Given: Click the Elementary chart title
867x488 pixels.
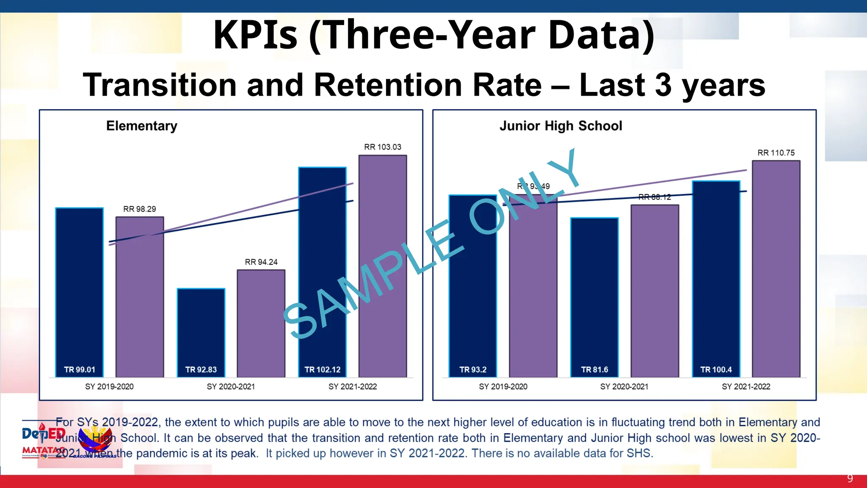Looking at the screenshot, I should (x=142, y=126).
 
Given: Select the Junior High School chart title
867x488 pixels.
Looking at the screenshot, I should (x=561, y=126).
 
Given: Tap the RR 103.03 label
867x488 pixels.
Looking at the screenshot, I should (x=382, y=147).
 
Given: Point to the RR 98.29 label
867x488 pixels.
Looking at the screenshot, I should (x=139, y=209).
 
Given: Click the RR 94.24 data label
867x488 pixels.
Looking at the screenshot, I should (x=261, y=262).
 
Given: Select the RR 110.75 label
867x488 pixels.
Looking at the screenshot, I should (x=776, y=152).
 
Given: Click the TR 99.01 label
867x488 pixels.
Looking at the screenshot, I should (x=80, y=369).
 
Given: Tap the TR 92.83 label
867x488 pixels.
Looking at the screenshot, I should (x=201, y=369).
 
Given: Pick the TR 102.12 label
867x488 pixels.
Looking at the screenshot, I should (x=322, y=369).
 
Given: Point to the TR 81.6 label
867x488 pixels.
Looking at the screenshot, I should (x=594, y=369).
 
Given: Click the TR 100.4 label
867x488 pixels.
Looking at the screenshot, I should (x=716, y=369).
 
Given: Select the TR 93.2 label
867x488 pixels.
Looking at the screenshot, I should (x=473, y=369).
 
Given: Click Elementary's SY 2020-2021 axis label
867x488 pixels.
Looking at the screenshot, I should (x=231, y=386).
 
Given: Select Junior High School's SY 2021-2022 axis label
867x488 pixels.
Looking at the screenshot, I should (x=746, y=386).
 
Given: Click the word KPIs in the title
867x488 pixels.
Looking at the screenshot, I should (x=255, y=35).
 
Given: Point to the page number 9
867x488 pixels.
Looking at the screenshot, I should (x=850, y=479).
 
